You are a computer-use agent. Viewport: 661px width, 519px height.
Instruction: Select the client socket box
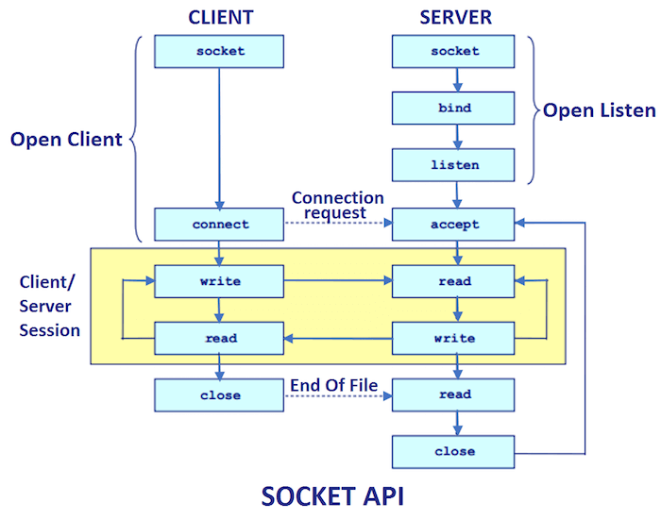pyautogui.click(x=219, y=51)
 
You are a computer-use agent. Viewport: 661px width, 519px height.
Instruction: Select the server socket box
pyautogui.click(x=454, y=51)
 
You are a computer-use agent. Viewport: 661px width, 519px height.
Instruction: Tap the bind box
pyautogui.click(x=454, y=108)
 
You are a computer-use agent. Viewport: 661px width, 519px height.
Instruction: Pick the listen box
pyautogui.click(x=454, y=165)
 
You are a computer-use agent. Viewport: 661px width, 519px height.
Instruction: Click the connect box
pyautogui.click(x=220, y=225)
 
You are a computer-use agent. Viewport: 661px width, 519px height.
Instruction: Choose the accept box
pyautogui.click(x=454, y=225)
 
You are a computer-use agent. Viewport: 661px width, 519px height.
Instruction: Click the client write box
pyautogui.click(x=220, y=281)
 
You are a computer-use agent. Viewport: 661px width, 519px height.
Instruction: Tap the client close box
pyautogui.click(x=220, y=395)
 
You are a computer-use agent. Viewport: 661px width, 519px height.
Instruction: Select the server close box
pyautogui.click(x=454, y=451)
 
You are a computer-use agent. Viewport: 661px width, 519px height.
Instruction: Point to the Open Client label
pyautogui.click(x=66, y=140)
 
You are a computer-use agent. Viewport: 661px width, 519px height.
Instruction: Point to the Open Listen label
pyautogui.click(x=599, y=110)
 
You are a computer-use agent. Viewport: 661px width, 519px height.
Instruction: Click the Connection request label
pyautogui.click(x=337, y=206)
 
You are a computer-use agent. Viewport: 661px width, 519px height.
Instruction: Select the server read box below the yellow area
pyautogui.click(x=454, y=395)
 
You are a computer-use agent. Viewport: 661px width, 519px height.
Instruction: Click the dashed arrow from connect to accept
pyautogui.click(x=338, y=225)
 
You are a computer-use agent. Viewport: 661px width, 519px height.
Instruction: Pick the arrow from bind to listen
pyautogui.click(x=455, y=137)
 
